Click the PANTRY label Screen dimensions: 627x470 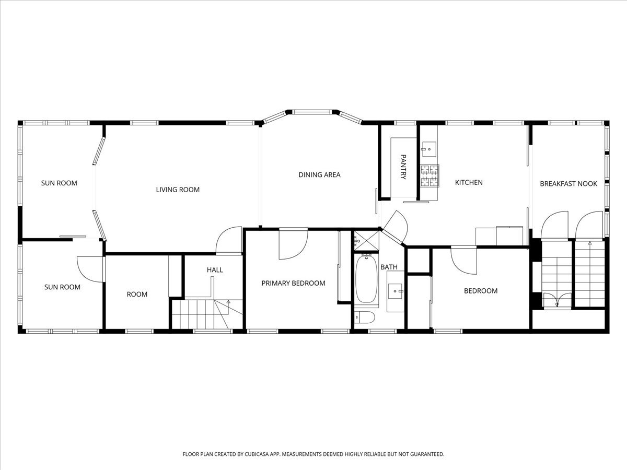403,167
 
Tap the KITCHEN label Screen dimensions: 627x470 469,182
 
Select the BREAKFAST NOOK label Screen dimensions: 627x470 568,183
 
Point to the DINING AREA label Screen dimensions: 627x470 319,174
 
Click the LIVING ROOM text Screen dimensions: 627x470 178,190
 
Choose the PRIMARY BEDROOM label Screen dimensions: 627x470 293,283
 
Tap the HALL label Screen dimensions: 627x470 215,269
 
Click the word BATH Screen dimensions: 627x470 389,267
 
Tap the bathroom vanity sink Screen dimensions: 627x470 395,291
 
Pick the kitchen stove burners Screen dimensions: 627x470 429,176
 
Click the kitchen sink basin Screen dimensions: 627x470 429,149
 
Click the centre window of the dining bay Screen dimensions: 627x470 311,112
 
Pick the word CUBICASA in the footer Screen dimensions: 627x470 257,454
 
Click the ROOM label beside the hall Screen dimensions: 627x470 137,294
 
